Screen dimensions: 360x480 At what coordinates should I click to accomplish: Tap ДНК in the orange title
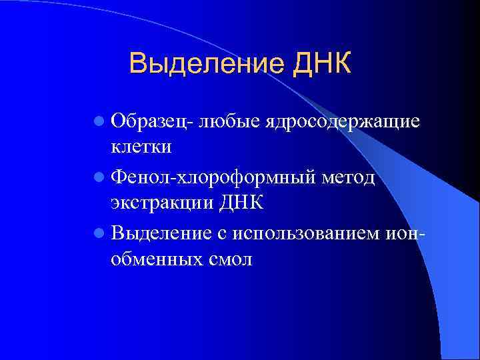coord(319,65)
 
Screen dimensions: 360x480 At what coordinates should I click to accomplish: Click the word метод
coord(349,178)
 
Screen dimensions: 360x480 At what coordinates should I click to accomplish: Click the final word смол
coord(230,259)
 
